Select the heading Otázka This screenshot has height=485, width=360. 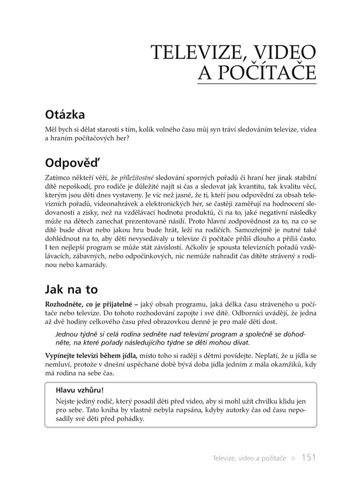point(65,114)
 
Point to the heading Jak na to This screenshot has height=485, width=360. point(71,289)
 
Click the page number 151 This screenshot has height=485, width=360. point(309,457)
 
